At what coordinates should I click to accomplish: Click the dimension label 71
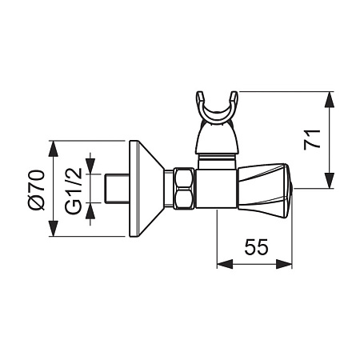coord(312,139)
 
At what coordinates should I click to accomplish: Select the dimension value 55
coord(256,246)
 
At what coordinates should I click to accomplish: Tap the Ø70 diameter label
coord(36,190)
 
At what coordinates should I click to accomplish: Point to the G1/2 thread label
coord(73,191)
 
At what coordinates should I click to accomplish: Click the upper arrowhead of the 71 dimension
coord(330,100)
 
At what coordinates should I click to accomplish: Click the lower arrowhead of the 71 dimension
coord(330,181)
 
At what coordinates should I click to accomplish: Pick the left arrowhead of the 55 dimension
coord(225,264)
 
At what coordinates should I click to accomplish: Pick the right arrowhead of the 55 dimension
coord(284,264)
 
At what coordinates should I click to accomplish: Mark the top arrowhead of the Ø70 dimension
coord(54,149)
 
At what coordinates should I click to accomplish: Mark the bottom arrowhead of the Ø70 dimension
coord(54,228)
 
